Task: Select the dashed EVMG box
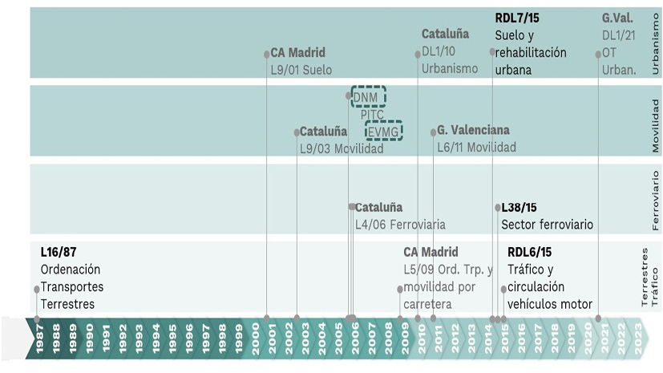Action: tap(383, 131)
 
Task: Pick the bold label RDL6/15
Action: tap(529, 253)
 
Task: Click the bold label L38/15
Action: tap(519, 207)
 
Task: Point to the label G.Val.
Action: tap(617, 17)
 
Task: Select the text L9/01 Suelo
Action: tap(301, 70)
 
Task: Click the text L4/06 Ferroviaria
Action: tap(400, 225)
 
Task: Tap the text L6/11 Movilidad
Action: tap(476, 148)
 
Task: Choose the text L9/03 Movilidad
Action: tap(342, 148)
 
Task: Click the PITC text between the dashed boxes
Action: tap(372, 115)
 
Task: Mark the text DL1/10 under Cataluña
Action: tap(439, 51)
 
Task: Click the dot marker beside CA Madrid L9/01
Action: tap(266, 54)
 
